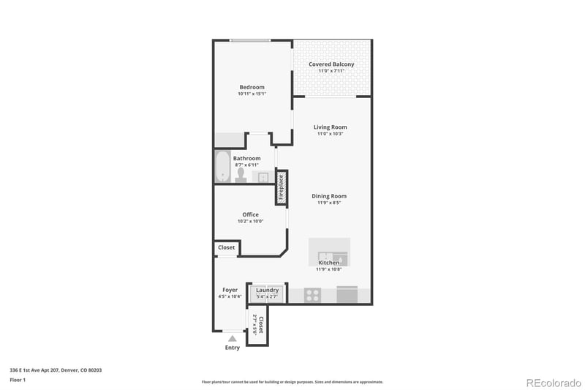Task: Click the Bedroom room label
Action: (252, 87)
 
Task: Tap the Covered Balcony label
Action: (331, 64)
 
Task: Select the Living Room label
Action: (331, 127)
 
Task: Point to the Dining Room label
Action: (329, 196)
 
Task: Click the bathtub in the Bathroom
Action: (222, 167)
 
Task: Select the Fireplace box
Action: (281, 187)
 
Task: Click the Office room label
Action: (251, 214)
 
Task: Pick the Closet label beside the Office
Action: (227, 248)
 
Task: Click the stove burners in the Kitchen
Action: (312, 296)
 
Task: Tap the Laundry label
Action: (267, 290)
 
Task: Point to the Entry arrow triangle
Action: (233, 339)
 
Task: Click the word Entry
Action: (233, 348)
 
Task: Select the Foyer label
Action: (230, 290)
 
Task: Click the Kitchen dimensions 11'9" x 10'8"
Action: (329, 269)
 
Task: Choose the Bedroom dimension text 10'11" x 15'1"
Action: (252, 94)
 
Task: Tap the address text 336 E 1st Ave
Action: (56, 370)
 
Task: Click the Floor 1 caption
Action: (18, 380)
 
